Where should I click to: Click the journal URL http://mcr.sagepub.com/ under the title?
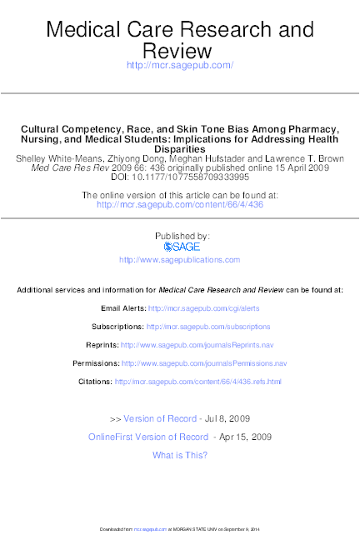pyautogui.click(x=179, y=65)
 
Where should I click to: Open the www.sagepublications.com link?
pyautogui.click(x=179, y=260)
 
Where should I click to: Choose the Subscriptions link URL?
pyautogui.click(x=208, y=327)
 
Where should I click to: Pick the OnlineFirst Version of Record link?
pyautogui.click(x=148, y=437)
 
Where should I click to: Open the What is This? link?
pyautogui.click(x=180, y=455)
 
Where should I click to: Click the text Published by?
pyautogui.click(x=179, y=236)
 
